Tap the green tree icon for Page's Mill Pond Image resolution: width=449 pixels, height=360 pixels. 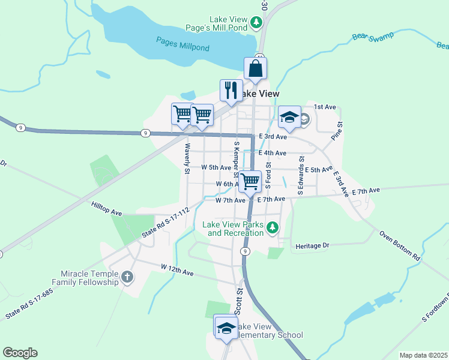257,23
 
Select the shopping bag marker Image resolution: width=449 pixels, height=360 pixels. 255,68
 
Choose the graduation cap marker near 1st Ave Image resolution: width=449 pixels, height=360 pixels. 289,118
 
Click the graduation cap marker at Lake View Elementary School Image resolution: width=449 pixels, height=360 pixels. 226,328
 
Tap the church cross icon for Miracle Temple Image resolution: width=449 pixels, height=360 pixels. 127,277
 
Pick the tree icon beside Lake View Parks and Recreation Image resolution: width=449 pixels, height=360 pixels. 273,227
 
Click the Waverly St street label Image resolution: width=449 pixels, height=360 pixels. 187,158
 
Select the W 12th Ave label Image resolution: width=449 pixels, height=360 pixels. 177,269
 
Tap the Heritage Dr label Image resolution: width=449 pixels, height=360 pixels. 313,246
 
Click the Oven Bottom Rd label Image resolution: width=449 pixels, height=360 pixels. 400,245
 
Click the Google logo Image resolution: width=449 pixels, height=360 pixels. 20,353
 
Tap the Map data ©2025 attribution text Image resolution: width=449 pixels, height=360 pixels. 423,355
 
